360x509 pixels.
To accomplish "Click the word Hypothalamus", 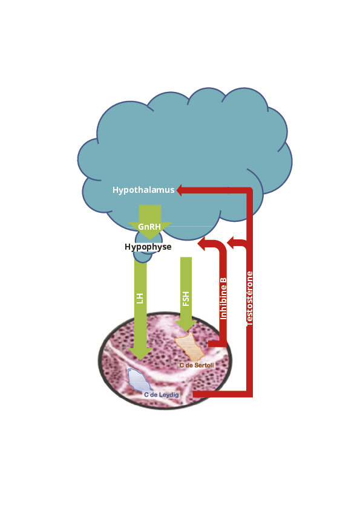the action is coord(143,190).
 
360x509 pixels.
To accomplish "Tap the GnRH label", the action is coord(149,226).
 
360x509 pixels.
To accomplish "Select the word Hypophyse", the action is coord(148,247).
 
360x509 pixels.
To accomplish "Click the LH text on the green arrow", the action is coord(140,298).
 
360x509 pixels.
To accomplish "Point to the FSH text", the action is coord(186,299).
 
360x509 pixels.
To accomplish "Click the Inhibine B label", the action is coord(223,298).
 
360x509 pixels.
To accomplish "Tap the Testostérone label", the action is coord(249,299).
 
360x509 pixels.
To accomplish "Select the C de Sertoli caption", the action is coord(197,365).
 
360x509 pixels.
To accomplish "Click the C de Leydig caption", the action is coord(162,395).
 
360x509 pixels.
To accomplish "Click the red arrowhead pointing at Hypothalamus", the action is coord(180,190).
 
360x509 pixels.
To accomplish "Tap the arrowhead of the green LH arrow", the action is coord(140,354).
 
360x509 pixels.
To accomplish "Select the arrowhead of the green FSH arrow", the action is coord(186,326).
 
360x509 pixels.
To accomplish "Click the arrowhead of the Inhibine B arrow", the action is coord(201,244).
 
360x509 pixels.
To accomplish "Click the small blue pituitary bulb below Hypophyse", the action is coord(143,257).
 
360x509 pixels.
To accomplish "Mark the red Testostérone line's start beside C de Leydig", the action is coord(195,394).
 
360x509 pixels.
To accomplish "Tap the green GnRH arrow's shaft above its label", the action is coord(150,213).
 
